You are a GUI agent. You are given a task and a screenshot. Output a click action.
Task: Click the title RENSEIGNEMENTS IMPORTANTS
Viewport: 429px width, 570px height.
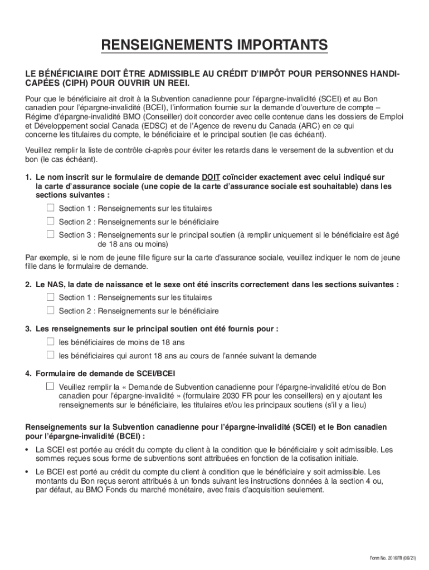214,45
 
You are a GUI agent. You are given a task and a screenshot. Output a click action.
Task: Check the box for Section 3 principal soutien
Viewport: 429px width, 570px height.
50,234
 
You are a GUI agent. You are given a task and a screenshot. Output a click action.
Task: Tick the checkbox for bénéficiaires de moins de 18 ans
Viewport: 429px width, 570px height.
50,342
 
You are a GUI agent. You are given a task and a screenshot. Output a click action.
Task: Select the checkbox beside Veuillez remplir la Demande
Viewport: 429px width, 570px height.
50,386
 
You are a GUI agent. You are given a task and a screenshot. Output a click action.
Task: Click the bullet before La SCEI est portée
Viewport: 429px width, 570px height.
28,449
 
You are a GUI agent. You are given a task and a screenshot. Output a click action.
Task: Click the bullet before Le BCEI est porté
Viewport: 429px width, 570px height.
28,471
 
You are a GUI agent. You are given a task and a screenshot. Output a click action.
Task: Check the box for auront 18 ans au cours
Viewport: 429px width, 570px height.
50,355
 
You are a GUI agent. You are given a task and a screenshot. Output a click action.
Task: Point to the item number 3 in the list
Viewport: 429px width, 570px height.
28,329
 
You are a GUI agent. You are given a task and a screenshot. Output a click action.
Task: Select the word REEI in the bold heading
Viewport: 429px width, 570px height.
176,83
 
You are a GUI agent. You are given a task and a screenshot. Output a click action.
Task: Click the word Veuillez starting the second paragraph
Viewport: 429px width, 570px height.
40,150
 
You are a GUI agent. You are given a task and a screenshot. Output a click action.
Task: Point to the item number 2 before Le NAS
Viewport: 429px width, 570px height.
28,284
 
